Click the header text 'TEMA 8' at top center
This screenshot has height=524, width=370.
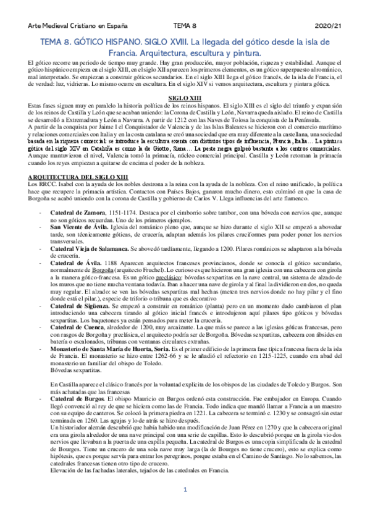185,25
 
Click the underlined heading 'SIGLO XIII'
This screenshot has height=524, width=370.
185,98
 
